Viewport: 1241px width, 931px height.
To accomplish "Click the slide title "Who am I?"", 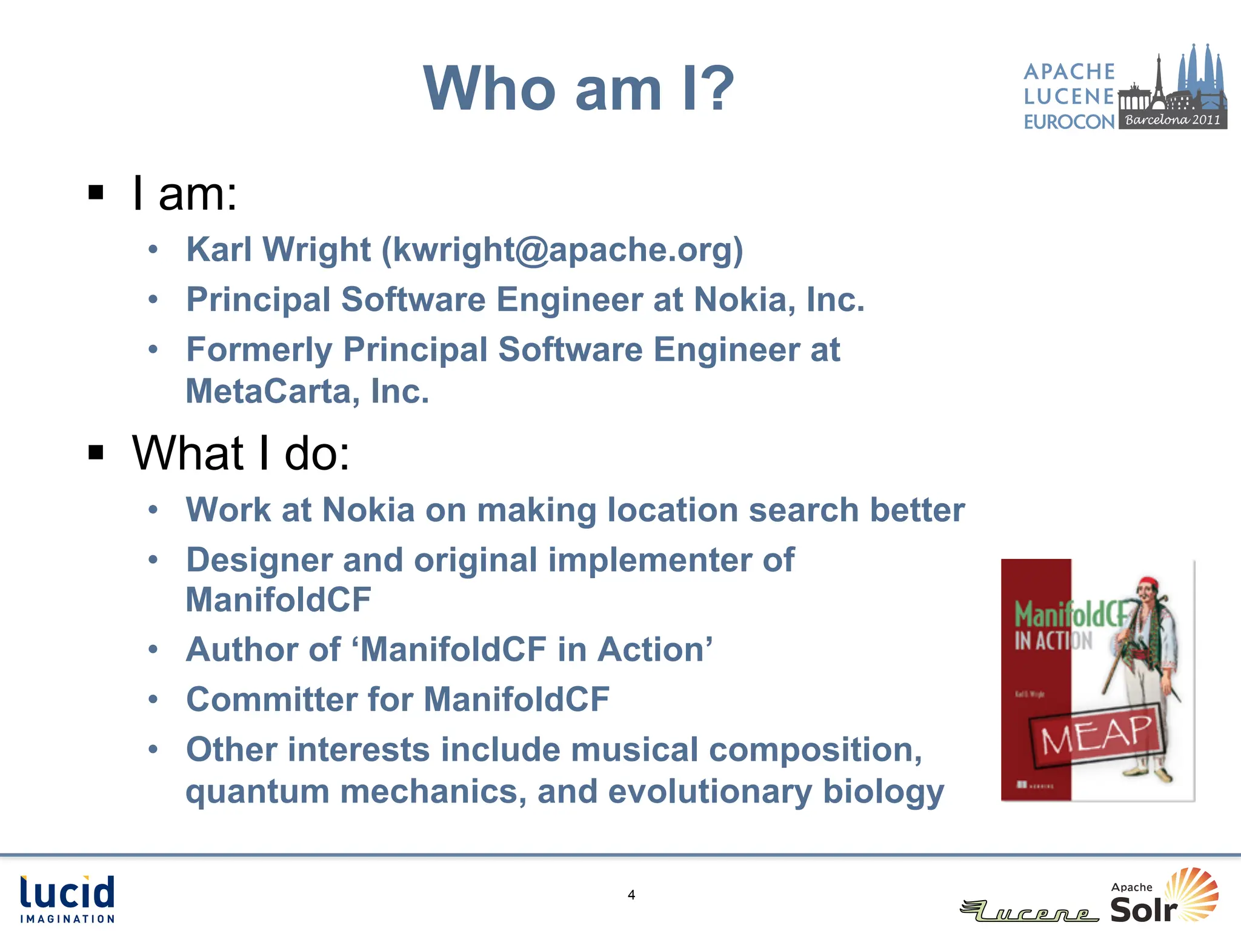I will pos(579,89).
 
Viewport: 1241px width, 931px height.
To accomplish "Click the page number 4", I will pos(631,895).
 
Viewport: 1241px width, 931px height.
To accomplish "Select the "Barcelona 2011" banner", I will pos(1173,119).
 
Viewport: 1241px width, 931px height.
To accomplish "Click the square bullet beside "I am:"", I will pos(96,193).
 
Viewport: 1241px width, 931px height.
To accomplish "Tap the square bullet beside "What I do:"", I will pos(96,452).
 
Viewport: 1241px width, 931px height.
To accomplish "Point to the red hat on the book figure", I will pos(1147,583).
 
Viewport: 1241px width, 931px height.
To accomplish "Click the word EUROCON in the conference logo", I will pos(1069,122).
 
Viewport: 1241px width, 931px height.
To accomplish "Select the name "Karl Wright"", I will pos(278,250).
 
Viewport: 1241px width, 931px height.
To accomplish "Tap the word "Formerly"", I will pos(259,350).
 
